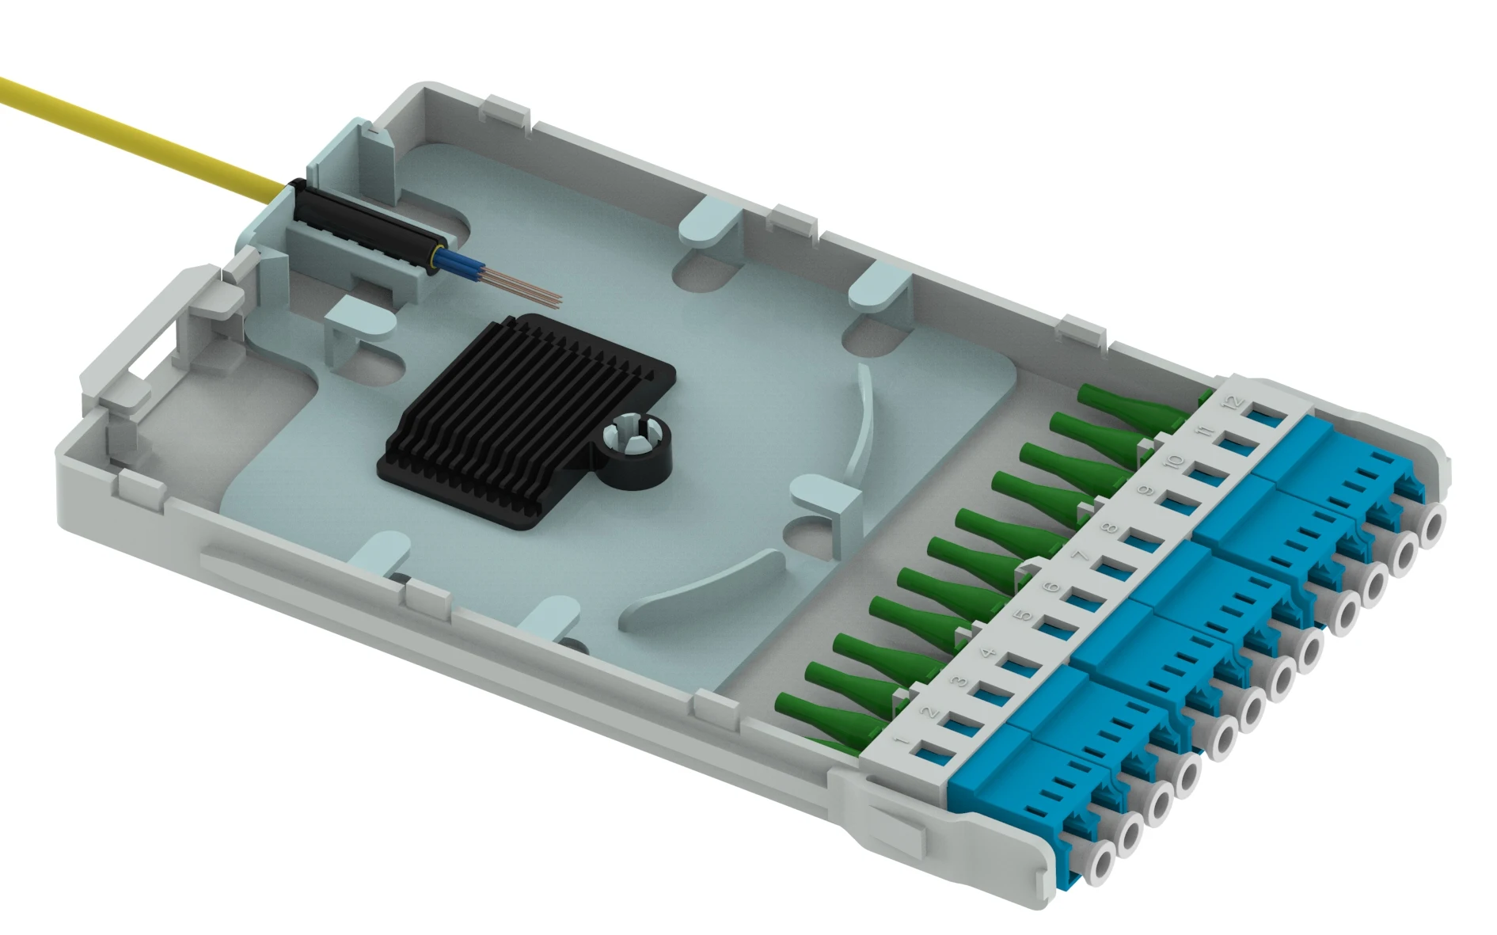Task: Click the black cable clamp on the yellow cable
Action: (364, 226)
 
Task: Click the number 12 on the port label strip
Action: (1233, 403)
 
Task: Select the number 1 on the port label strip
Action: (901, 741)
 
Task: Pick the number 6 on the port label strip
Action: (1051, 587)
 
